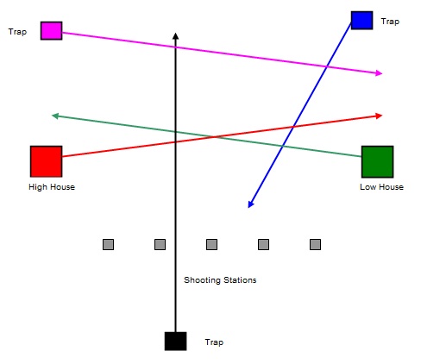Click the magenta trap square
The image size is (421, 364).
(51, 30)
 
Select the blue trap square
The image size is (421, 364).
(361, 20)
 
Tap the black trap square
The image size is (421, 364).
(175, 342)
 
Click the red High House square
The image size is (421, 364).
(46, 161)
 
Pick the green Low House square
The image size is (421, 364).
(377, 161)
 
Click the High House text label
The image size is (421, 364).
(52, 187)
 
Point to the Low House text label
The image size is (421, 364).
(381, 187)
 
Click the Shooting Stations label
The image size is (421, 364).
(220, 280)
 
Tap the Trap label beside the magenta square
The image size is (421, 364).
(17, 32)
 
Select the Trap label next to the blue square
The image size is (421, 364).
(390, 22)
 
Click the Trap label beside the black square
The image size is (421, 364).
(214, 342)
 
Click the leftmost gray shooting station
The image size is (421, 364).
(108, 244)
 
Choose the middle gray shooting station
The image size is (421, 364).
(211, 244)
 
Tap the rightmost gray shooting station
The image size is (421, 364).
(315, 244)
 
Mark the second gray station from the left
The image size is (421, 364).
(160, 244)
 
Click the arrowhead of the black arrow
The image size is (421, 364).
(175, 36)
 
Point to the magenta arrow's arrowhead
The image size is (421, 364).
(379, 72)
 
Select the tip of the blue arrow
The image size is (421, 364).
(248, 207)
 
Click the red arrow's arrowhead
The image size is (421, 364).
(379, 116)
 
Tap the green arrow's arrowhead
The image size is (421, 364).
(55, 116)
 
